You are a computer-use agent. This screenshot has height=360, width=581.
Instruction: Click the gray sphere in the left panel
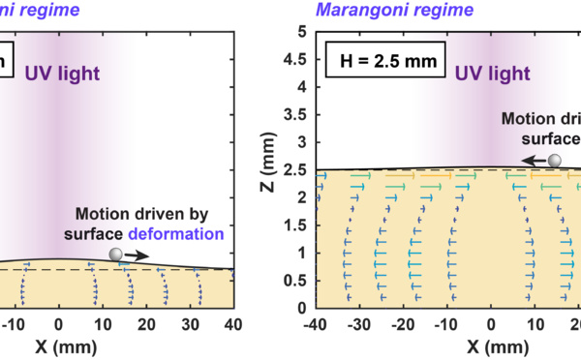point(117,255)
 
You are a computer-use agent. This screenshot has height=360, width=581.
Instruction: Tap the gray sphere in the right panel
point(555,162)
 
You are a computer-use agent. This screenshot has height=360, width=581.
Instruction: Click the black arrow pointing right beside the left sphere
point(138,255)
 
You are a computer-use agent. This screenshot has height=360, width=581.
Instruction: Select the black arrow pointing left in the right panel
point(534,162)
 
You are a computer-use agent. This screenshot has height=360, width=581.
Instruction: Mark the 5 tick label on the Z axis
point(304,31)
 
